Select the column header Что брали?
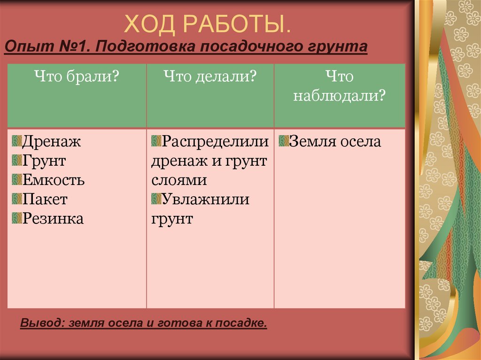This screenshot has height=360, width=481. (x=75, y=77)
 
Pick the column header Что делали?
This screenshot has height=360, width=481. (x=209, y=77)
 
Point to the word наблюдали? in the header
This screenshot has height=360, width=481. (x=339, y=96)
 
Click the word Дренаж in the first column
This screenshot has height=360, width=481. (x=52, y=141)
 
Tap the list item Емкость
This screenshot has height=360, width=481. (x=54, y=180)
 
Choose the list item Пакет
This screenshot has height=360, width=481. (x=45, y=199)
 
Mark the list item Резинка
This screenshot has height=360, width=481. (x=53, y=219)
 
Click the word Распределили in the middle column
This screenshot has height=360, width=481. (x=216, y=141)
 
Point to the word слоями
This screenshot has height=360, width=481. (x=179, y=180)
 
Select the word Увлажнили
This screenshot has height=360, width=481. (x=206, y=199)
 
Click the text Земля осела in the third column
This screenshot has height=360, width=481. (x=335, y=141)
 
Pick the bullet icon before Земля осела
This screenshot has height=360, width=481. (x=283, y=140)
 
